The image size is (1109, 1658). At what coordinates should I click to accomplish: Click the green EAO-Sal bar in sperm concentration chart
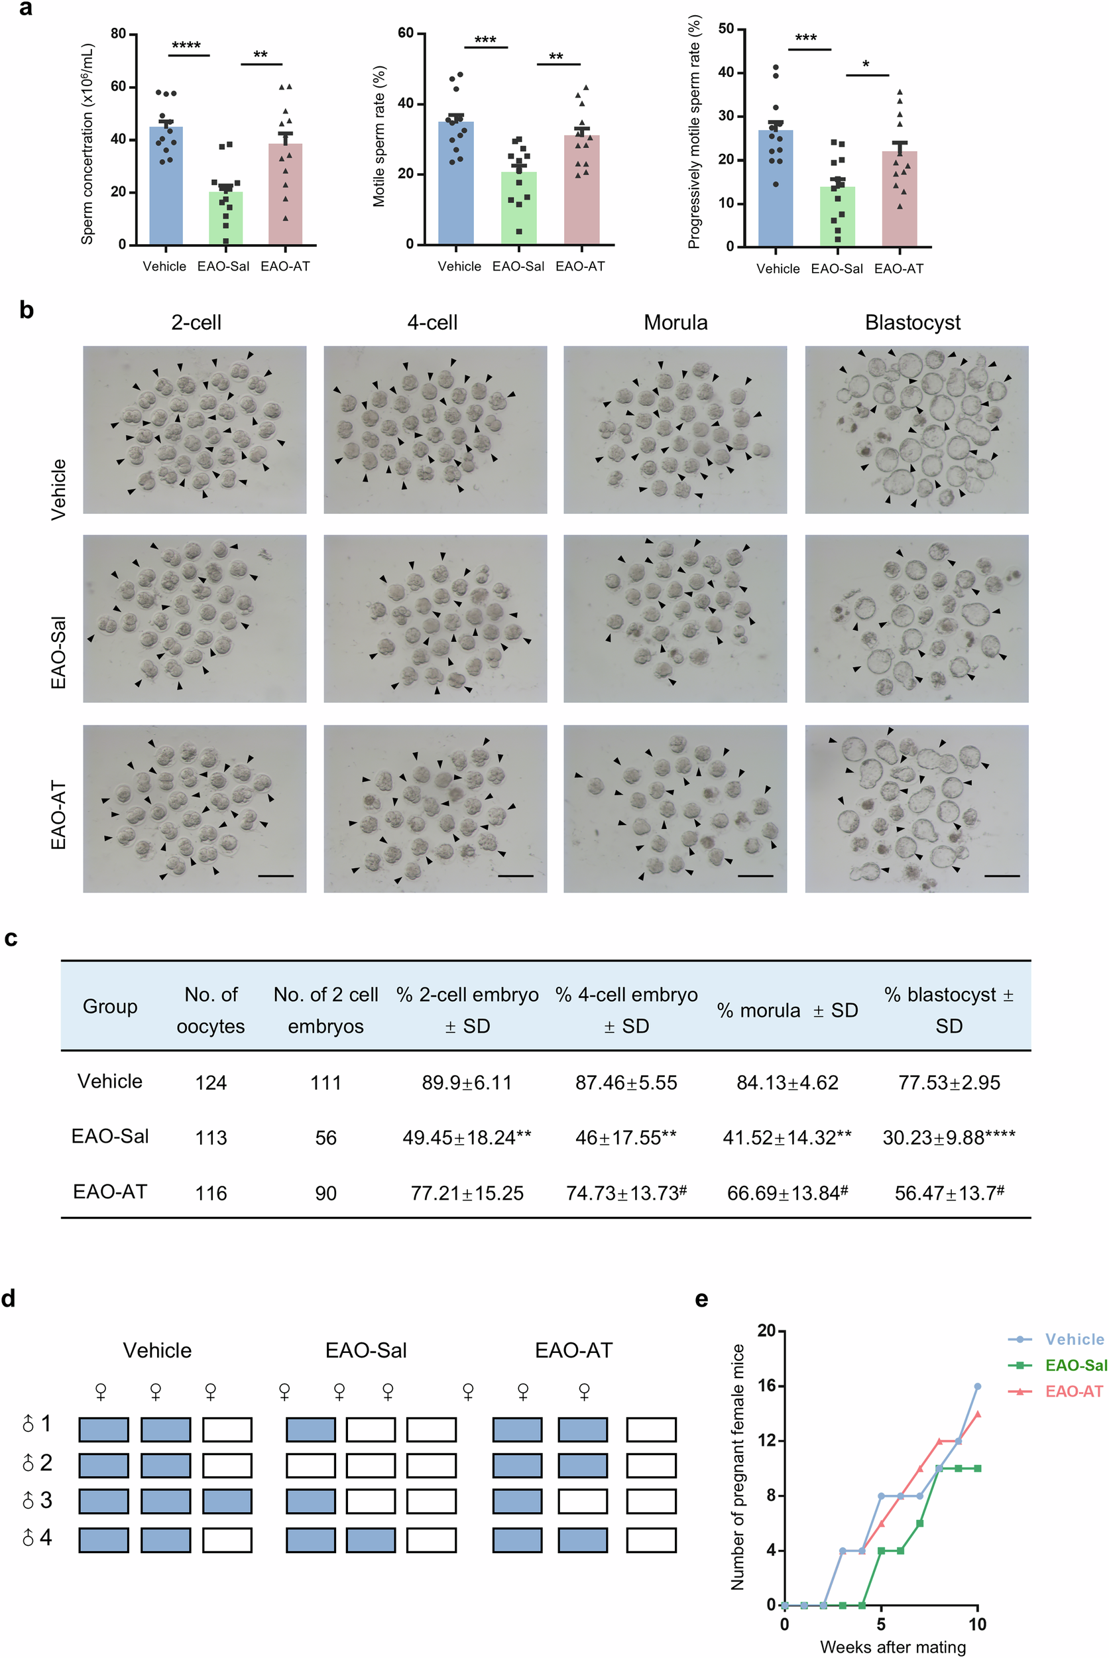(225, 220)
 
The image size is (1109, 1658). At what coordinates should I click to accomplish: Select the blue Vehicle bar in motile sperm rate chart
(456, 184)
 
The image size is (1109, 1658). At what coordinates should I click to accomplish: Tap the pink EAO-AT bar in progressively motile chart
(900, 202)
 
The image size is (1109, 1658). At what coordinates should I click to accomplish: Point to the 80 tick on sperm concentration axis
(119, 34)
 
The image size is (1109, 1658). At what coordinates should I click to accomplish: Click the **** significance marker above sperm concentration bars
(187, 46)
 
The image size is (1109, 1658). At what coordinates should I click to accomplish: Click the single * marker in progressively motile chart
(866, 66)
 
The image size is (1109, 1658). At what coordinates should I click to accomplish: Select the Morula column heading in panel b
(675, 323)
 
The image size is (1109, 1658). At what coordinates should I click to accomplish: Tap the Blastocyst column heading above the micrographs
(912, 323)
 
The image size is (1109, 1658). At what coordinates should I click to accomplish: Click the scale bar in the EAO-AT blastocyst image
(1002, 876)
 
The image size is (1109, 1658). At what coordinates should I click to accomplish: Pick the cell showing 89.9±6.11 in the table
(467, 1083)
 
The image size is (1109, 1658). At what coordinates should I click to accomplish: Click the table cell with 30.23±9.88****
(949, 1137)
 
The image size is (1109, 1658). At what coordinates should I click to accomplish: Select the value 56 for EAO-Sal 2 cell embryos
(325, 1138)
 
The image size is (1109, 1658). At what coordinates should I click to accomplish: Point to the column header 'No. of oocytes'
(211, 1010)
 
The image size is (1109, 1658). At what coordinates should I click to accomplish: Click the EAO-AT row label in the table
(110, 1192)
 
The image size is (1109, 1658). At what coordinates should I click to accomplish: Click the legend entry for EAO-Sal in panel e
(1075, 1365)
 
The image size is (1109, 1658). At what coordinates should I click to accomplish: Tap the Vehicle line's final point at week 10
(978, 1386)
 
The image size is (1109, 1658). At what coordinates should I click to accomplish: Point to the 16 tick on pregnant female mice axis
(767, 1385)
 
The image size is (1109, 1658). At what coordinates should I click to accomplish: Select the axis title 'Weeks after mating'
(893, 1647)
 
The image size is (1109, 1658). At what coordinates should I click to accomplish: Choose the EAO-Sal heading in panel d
(366, 1351)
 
